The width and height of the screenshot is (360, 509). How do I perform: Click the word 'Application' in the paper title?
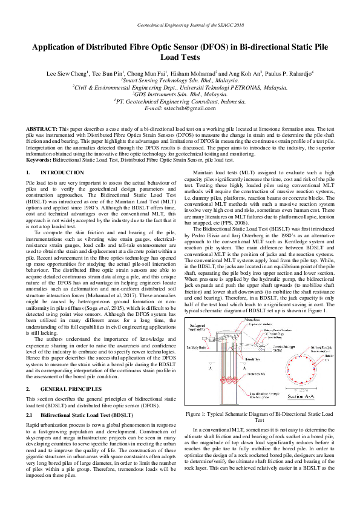point(58,48)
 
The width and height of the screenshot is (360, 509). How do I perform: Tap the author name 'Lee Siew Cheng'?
point(67,74)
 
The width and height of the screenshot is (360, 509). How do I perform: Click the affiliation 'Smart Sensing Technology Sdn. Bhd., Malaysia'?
point(180,80)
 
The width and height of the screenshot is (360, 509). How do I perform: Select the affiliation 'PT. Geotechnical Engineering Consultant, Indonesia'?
point(180,100)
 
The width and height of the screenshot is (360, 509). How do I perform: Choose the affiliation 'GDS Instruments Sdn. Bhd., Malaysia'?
point(180,94)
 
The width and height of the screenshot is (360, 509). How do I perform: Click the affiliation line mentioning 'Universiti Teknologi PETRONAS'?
point(180,87)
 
